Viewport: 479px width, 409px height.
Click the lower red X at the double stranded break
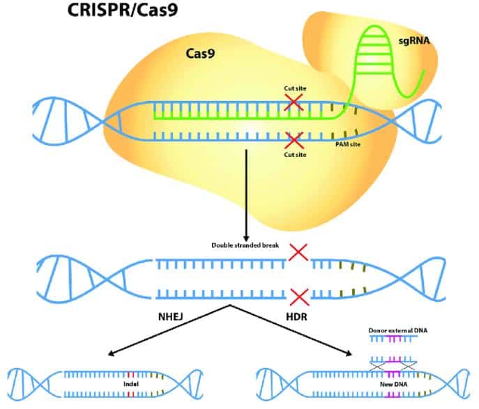tap(299, 297)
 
